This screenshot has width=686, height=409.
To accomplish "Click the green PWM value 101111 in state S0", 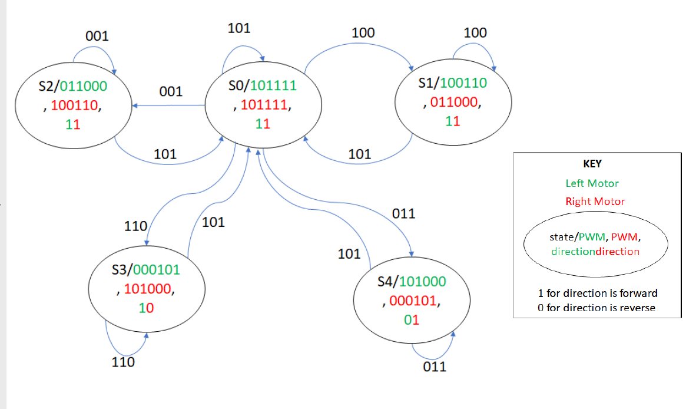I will (273, 86).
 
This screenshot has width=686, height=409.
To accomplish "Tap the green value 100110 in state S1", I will (463, 83).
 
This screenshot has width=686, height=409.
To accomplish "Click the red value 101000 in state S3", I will (147, 289).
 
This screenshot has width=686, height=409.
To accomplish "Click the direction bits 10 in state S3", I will (146, 308).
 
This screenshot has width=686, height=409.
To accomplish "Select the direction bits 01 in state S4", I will (412, 320).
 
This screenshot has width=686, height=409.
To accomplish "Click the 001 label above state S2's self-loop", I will (97, 36).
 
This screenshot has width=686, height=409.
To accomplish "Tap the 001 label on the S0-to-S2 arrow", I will (171, 92).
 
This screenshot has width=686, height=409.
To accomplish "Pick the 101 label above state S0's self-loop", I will (238, 28).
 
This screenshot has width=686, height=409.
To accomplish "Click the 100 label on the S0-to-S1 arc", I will (363, 33).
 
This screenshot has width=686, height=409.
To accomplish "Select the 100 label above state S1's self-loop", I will (475, 32).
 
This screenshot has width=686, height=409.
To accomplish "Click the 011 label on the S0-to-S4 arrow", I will (403, 213).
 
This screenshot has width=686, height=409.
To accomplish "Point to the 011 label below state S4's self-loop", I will (435, 367).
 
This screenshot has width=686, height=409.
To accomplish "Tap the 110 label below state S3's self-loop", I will (123, 362).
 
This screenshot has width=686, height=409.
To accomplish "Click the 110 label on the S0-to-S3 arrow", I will (135, 226).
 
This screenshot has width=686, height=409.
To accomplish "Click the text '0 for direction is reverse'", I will (596, 308).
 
